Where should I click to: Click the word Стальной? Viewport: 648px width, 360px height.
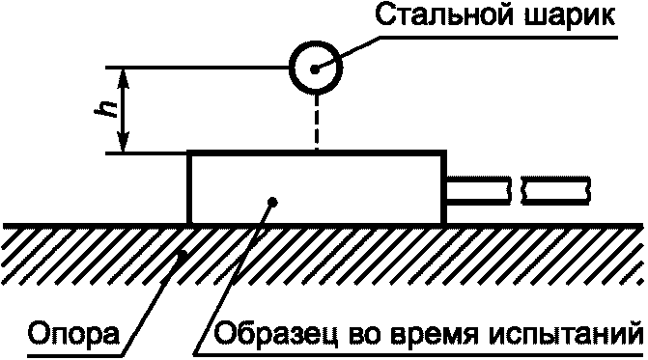click(444, 17)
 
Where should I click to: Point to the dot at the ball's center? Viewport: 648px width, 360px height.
click(315, 69)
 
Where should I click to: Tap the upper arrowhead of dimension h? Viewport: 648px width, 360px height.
click(123, 78)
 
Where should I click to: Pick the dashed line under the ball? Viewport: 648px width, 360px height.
click(317, 123)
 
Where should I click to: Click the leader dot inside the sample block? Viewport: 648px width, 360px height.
click(272, 202)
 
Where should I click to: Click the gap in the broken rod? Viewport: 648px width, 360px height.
click(517, 191)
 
